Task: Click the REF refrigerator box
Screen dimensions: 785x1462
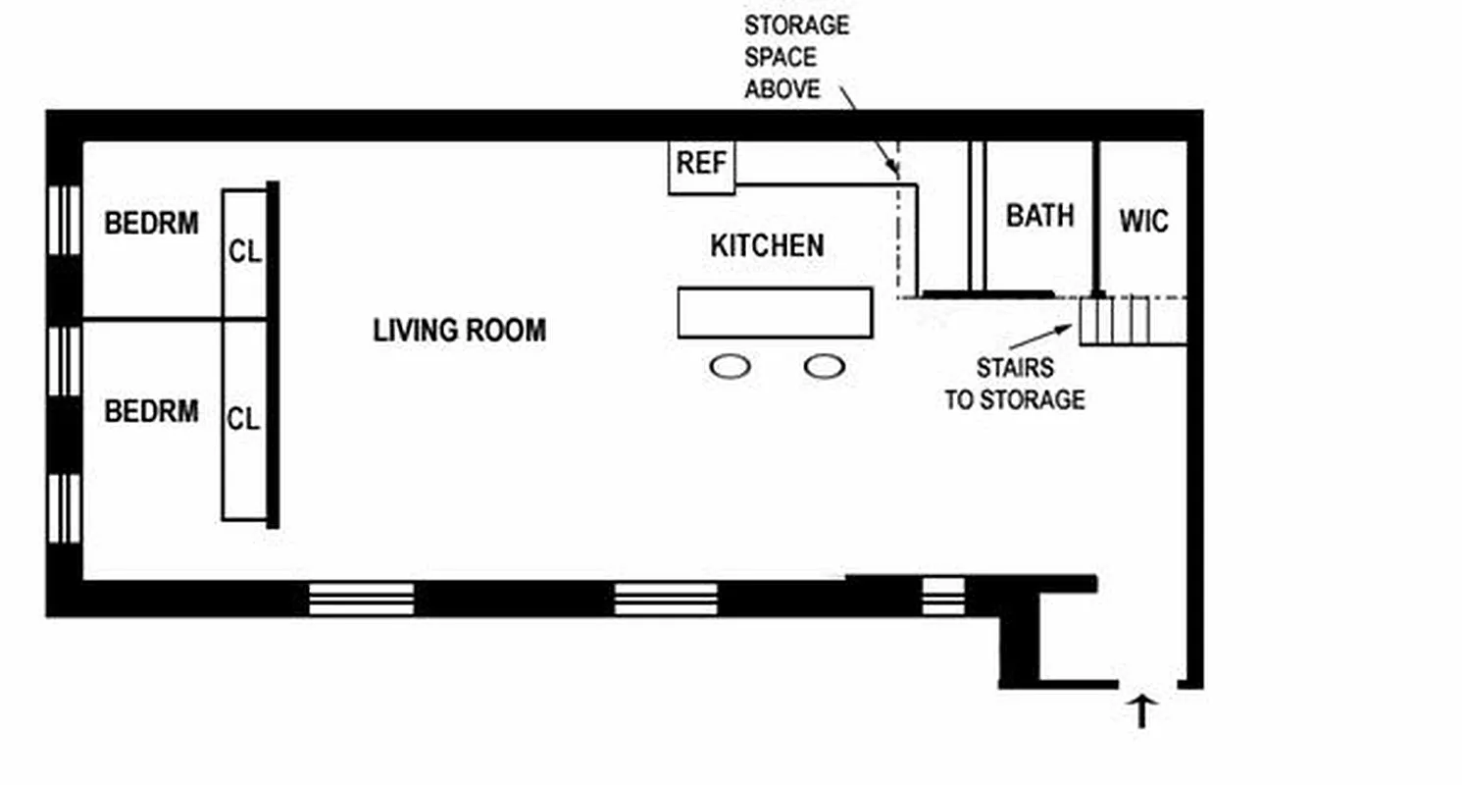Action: click(x=702, y=166)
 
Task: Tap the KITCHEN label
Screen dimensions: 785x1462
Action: click(x=767, y=245)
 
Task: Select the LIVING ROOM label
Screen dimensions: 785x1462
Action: click(x=459, y=331)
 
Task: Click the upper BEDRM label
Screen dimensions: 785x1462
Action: click(x=151, y=224)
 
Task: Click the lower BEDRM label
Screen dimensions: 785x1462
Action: click(x=151, y=410)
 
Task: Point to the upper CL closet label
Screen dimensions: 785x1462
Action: click(x=245, y=252)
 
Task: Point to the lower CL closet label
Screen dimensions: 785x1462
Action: click(x=244, y=420)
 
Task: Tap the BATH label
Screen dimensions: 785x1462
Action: click(x=1039, y=215)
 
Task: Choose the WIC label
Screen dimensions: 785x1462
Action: click(x=1143, y=221)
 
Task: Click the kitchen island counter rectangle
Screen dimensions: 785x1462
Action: click(x=775, y=313)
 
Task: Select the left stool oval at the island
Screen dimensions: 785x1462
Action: click(x=730, y=367)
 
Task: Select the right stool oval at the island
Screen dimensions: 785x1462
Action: click(x=824, y=367)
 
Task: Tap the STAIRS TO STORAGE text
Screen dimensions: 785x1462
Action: click(x=1014, y=384)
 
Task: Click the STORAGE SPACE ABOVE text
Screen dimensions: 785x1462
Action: click(x=795, y=56)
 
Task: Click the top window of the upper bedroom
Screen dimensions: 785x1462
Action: click(x=66, y=220)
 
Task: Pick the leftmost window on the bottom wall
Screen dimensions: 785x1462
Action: click(x=361, y=599)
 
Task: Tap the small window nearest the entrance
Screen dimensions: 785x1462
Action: click(x=943, y=596)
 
